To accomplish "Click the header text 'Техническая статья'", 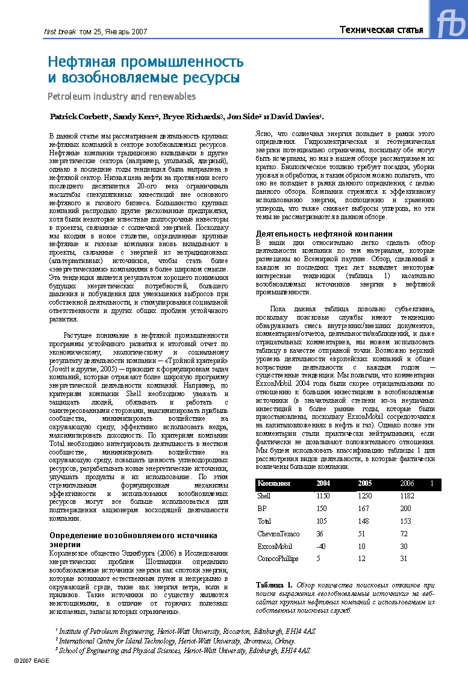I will point(381,30).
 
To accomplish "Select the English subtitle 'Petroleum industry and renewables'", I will point(122,96).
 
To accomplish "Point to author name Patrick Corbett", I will point(78,116).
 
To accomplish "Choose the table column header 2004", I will point(323,483).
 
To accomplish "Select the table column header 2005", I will point(364,483).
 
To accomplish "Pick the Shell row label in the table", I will point(264,496).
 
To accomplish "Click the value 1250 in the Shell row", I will point(365,496).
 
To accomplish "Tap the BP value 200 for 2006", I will point(407,509).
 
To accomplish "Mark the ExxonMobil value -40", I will point(321,546).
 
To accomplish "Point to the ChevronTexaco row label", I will point(278,533).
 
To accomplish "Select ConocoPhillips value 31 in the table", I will point(404,558).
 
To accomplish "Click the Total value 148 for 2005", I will point(363,521).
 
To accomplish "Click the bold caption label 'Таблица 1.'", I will point(274,585).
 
